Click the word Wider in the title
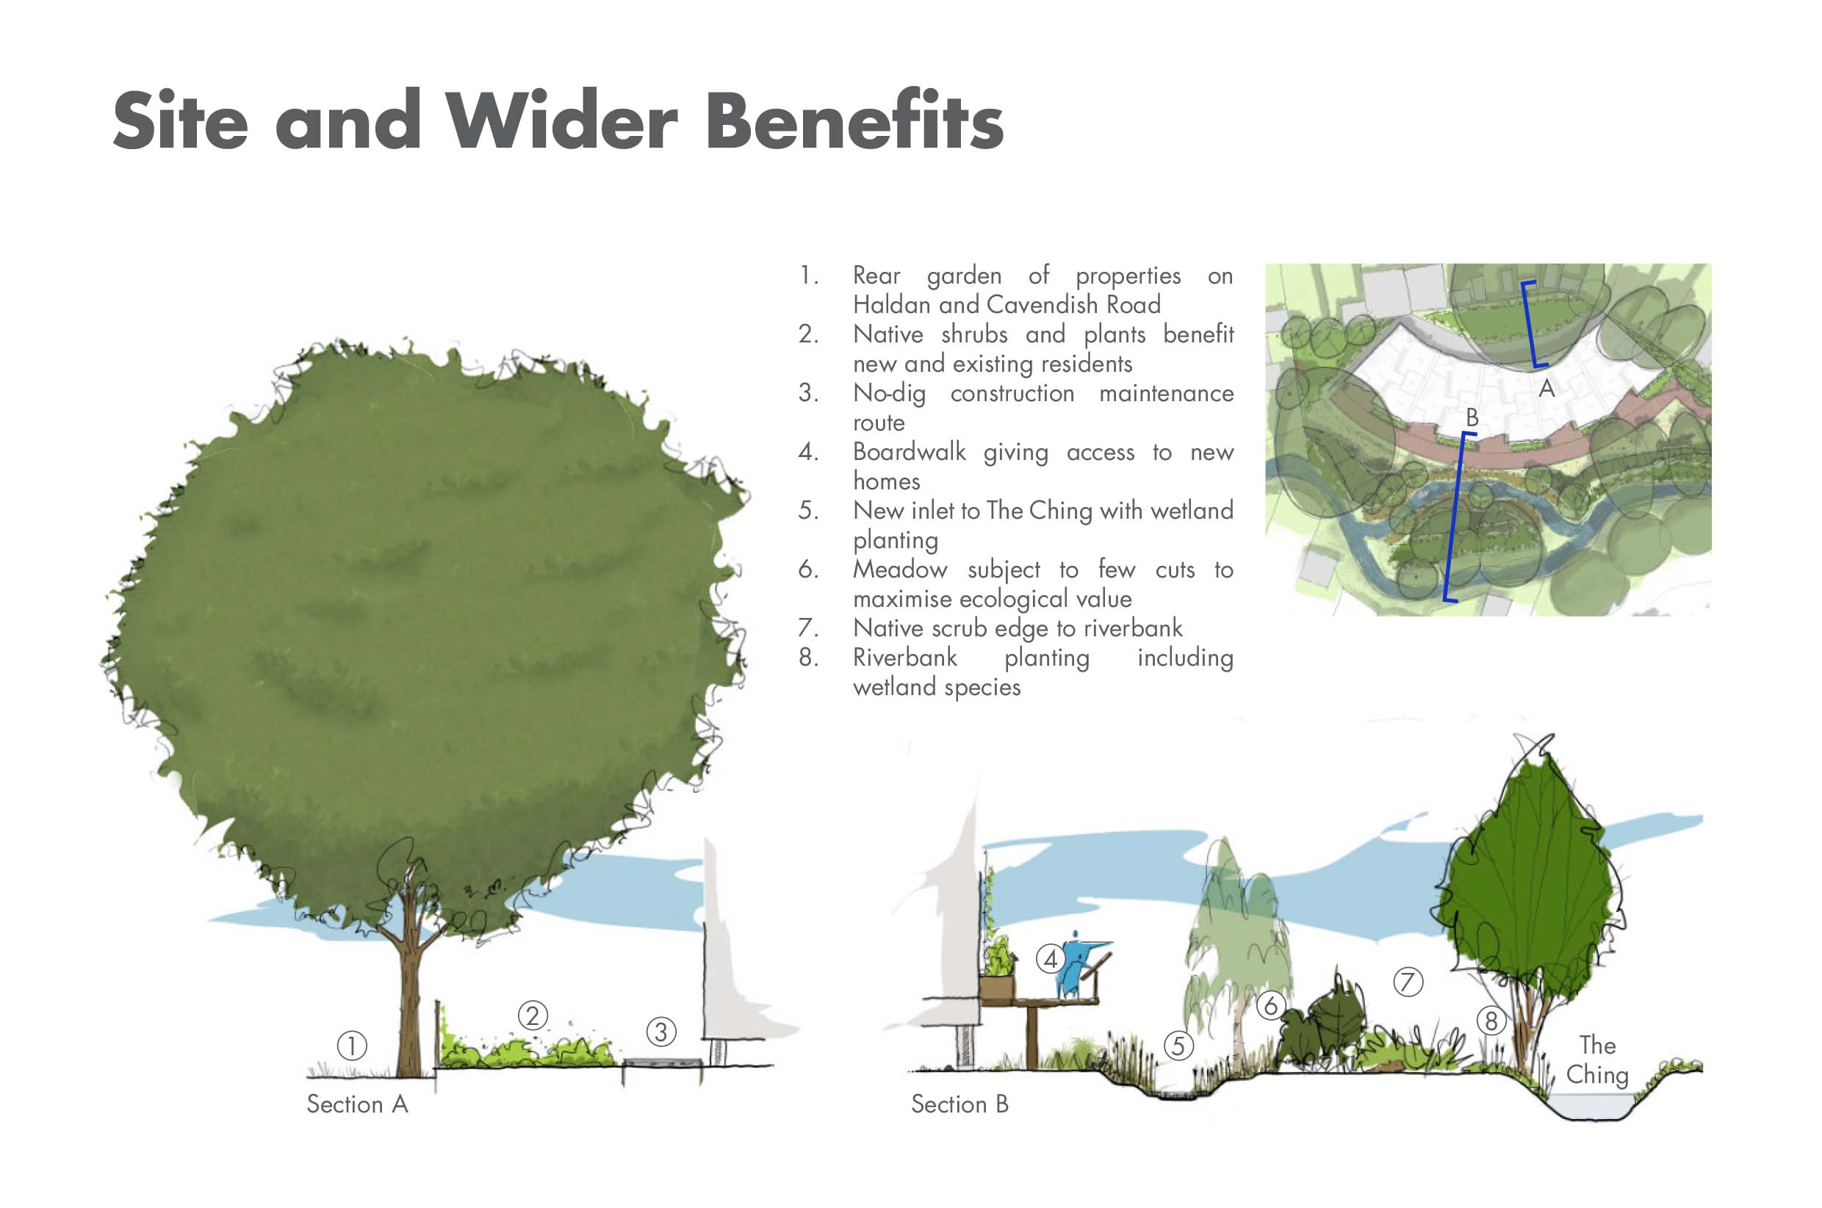(x=562, y=121)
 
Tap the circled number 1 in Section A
(x=352, y=1046)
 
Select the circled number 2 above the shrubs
(x=532, y=1015)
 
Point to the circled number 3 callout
(x=660, y=1032)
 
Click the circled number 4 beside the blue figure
(x=1051, y=959)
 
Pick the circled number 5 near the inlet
(x=1178, y=1046)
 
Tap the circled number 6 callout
(x=1271, y=1004)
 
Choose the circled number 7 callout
(x=1408, y=982)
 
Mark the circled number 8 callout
(x=1491, y=1021)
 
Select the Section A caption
(x=356, y=1104)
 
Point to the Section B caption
(x=959, y=1104)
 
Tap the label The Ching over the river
(x=1597, y=1060)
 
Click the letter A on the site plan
(x=1546, y=388)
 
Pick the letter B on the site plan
(x=1472, y=417)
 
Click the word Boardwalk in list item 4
(x=909, y=451)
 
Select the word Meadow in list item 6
(x=899, y=569)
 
